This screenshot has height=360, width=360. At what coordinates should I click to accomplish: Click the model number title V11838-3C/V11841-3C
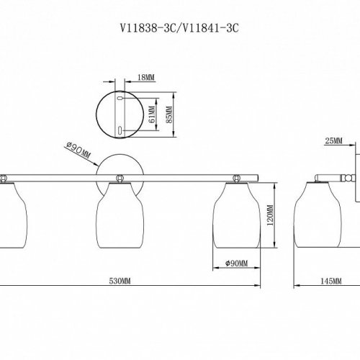(x=179, y=29)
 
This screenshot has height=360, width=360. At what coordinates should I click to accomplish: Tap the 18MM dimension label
(x=146, y=78)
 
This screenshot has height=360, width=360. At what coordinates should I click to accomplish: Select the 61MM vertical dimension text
(x=152, y=114)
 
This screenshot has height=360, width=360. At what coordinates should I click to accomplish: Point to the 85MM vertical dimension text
(x=169, y=114)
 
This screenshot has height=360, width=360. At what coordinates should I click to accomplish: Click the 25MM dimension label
(x=333, y=141)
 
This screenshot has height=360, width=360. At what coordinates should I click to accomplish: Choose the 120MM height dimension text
(x=270, y=215)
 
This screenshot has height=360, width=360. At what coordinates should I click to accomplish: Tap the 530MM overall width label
(x=120, y=281)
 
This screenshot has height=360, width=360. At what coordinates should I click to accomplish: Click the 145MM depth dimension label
(x=331, y=281)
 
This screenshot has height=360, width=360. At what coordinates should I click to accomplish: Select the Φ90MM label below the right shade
(x=237, y=264)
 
